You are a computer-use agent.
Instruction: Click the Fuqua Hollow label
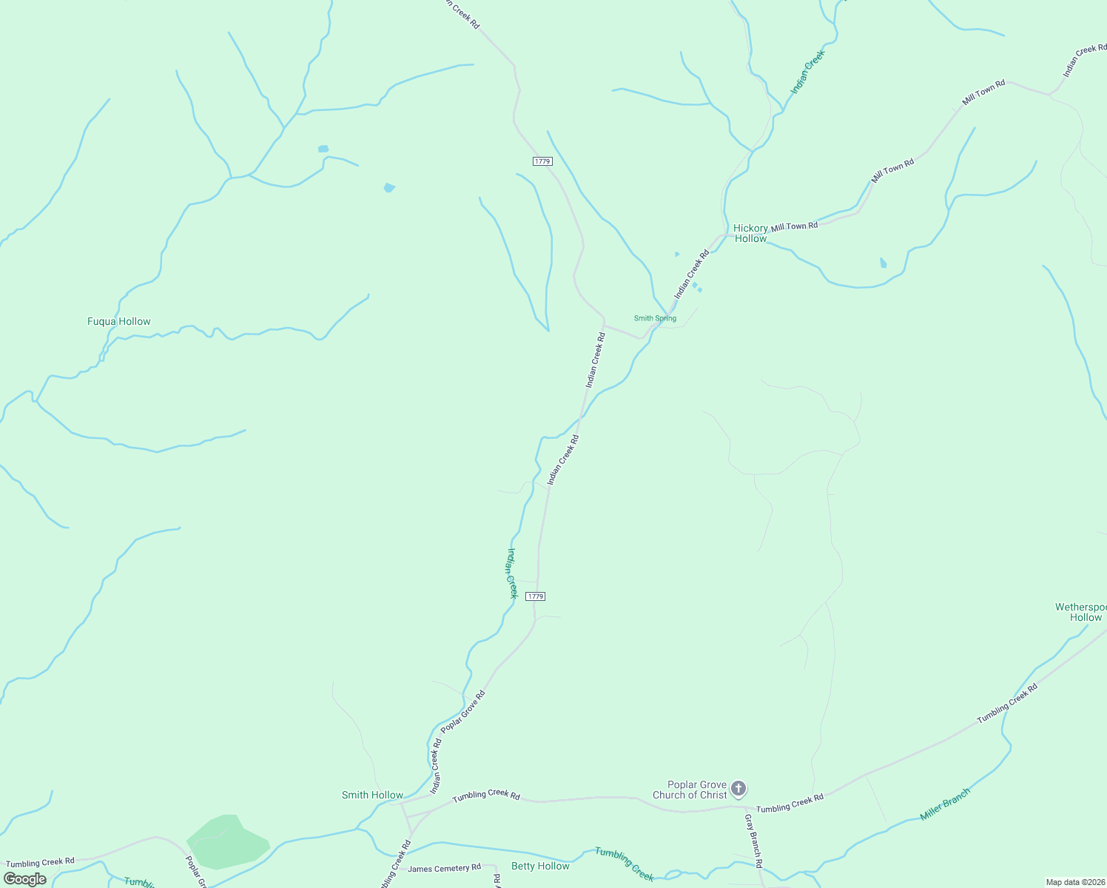tap(118, 322)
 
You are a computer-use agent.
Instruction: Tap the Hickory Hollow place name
tap(750, 234)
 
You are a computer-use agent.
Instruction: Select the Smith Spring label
tap(655, 319)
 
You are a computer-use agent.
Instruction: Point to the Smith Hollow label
tap(372, 795)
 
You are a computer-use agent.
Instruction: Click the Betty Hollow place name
tap(540, 867)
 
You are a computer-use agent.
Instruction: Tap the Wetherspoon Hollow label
tap(1081, 613)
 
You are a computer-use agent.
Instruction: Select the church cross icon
tap(738, 789)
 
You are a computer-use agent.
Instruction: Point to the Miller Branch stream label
tap(944, 804)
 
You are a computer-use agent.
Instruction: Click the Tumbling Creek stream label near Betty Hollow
tap(625, 864)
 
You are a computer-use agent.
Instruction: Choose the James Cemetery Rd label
tap(444, 869)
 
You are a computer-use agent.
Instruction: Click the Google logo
tap(25, 879)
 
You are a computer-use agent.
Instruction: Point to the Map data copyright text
tap(1074, 882)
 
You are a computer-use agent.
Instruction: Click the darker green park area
tap(226, 842)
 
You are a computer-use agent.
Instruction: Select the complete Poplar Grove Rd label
tap(463, 712)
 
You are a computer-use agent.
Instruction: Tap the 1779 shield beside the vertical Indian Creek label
tap(536, 596)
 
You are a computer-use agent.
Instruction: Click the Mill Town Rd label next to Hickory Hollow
tap(794, 226)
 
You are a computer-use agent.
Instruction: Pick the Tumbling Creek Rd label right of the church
tap(790, 804)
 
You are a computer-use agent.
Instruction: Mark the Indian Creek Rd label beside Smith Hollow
tap(436, 765)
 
